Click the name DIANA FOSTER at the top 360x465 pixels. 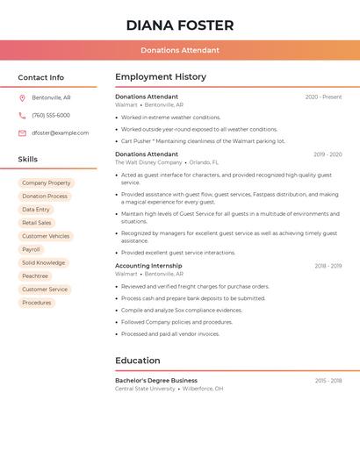(x=180, y=25)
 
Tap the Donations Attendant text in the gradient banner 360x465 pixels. (x=180, y=50)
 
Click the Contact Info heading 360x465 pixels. (x=41, y=77)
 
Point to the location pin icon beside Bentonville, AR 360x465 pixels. (x=22, y=97)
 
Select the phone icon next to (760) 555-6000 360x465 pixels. (x=22, y=115)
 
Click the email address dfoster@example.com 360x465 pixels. (x=61, y=132)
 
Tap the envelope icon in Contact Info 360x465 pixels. (x=22, y=132)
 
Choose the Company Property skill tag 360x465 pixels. (x=47, y=183)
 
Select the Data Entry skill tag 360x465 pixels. (x=36, y=210)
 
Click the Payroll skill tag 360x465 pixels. (x=32, y=249)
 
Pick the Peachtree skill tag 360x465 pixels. (x=35, y=276)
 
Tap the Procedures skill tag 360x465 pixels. (x=37, y=303)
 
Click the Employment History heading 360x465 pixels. (x=161, y=77)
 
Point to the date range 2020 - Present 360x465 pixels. (x=323, y=97)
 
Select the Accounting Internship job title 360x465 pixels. (x=148, y=266)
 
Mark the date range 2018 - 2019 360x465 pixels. (x=328, y=266)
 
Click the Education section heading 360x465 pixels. (x=138, y=361)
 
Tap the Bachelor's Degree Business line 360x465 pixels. (x=156, y=381)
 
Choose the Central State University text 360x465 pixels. (x=145, y=389)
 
